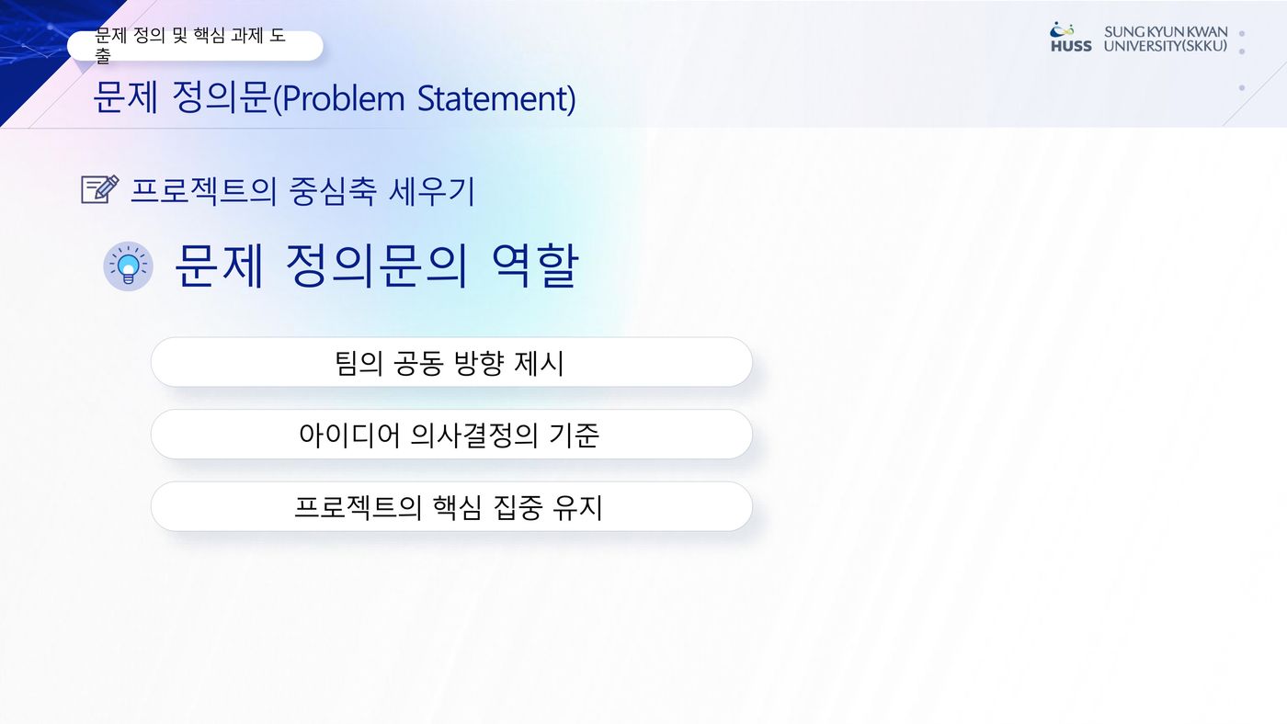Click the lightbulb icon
pyautogui.click(x=128, y=266)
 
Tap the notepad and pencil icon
pyautogui.click(x=100, y=189)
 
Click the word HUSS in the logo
pyautogui.click(x=1071, y=47)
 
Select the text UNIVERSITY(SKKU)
pyautogui.click(x=1166, y=46)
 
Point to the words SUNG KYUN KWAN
pyautogui.click(x=1166, y=31)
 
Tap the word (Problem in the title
pyautogui.click(x=339, y=98)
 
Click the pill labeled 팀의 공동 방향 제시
pyautogui.click(x=451, y=362)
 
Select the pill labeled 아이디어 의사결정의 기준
pyautogui.click(x=451, y=435)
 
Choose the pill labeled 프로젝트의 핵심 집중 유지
pyautogui.click(x=451, y=507)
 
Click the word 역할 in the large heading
pyautogui.click(x=535, y=266)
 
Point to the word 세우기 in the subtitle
pyautogui.click(x=431, y=191)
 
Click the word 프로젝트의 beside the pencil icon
pyautogui.click(x=203, y=191)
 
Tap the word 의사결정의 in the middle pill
pyautogui.click(x=474, y=436)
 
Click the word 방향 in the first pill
pyautogui.click(x=479, y=363)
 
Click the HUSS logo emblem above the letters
pyautogui.click(x=1062, y=29)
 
